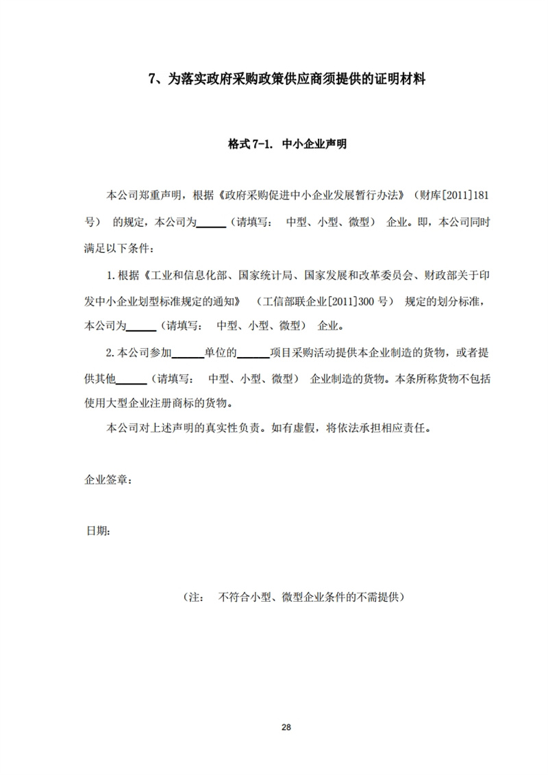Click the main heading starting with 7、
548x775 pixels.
pos(287,79)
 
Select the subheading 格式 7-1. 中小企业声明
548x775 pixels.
pos(287,145)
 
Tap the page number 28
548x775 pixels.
pos(286,728)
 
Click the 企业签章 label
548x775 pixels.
pos(103,480)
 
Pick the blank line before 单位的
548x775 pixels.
pos(187,354)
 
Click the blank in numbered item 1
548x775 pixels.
pos(141,325)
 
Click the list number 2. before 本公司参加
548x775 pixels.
pos(112,354)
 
